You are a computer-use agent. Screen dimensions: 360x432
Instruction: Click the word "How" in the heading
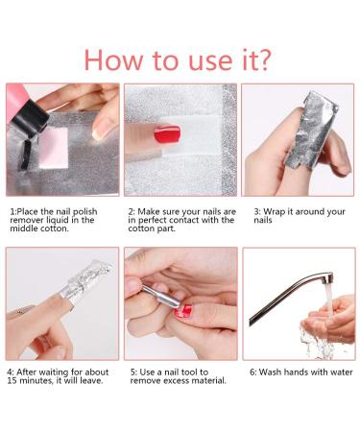tap(113, 60)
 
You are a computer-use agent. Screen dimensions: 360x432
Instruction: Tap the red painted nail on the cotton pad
tap(167, 134)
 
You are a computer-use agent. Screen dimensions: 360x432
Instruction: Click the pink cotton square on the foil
tap(53, 148)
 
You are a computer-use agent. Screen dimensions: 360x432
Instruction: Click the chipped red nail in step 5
tap(183, 310)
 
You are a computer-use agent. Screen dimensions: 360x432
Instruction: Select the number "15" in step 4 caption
tap(12, 381)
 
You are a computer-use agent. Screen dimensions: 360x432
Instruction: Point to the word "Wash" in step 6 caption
tap(270, 372)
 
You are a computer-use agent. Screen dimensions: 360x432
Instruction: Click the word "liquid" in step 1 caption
tap(60, 221)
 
